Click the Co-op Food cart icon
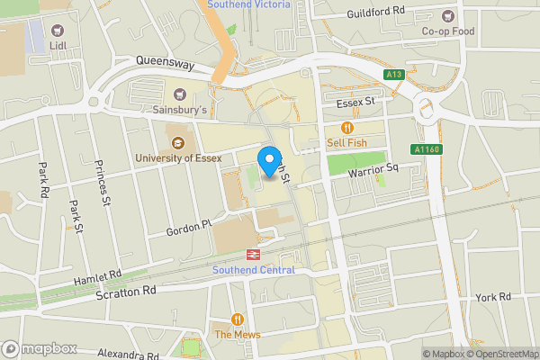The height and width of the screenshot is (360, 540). [x=448, y=14]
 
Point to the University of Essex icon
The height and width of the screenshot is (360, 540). [x=177, y=141]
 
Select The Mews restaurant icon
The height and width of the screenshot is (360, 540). [x=238, y=319]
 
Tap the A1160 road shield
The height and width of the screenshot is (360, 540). [x=427, y=149]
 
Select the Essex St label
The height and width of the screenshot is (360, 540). [x=355, y=103]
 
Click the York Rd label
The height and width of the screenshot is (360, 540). [x=493, y=296]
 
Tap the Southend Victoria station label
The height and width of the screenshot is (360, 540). [x=248, y=4]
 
